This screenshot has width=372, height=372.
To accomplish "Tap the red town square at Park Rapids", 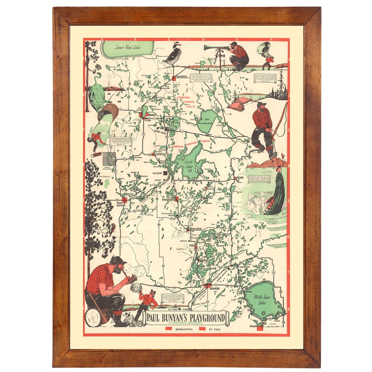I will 125,199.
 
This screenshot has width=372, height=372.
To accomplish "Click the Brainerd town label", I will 214,288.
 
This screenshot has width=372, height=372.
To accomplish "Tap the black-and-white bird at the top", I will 173,55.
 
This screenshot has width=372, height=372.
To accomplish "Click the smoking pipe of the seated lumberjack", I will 132,279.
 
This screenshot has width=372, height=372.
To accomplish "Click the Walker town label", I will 157,173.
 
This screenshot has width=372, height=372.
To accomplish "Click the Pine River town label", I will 195,229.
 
